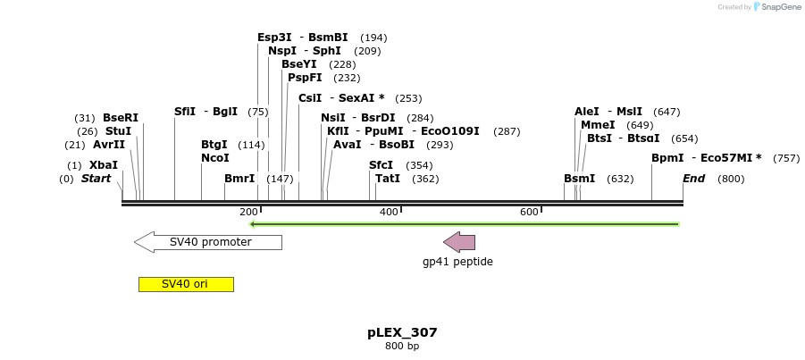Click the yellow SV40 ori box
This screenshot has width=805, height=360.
click(x=186, y=284)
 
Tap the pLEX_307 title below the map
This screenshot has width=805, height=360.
click(x=402, y=332)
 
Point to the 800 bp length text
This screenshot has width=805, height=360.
click(x=402, y=346)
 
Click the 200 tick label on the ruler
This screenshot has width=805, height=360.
click(x=248, y=212)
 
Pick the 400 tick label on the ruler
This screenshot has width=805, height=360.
click(x=389, y=212)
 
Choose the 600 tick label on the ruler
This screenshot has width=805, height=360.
click(x=529, y=212)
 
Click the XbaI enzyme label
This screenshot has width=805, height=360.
click(x=104, y=165)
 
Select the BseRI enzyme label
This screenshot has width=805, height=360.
click(x=121, y=118)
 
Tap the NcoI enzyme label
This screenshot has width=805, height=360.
click(x=215, y=158)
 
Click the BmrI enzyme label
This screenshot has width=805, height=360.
click(x=239, y=179)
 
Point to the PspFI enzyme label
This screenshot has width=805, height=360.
click(x=305, y=78)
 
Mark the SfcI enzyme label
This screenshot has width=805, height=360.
click(x=381, y=165)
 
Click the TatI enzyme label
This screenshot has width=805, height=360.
click(x=388, y=179)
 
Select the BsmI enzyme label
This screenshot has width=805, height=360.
click(x=579, y=179)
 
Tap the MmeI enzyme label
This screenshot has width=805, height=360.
click(x=598, y=125)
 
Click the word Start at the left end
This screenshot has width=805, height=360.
click(x=96, y=179)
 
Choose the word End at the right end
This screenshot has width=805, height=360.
click(x=694, y=179)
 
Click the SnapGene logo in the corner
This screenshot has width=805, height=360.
click(x=776, y=7)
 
